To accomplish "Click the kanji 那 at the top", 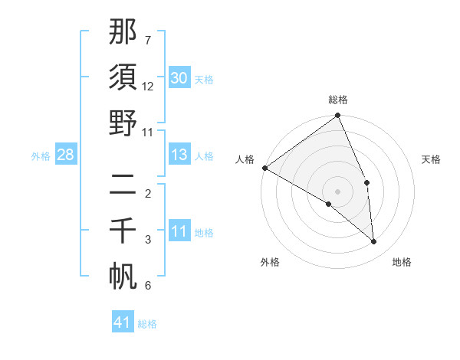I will [123, 32].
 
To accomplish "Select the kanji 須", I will [123, 77].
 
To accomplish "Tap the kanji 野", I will [123, 124].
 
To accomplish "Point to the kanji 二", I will [123, 185].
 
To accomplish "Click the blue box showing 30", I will [179, 78].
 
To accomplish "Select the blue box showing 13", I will [179, 155].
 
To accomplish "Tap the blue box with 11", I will [179, 232].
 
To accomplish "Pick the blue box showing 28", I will [65, 155].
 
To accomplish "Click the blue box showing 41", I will [123, 322].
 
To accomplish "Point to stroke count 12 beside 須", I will [148, 87].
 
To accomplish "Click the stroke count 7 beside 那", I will [148, 39].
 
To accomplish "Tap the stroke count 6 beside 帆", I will [148, 286].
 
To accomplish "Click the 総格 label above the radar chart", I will [337, 100].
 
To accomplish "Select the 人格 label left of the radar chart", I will [245, 159].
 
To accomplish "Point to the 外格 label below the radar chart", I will [270, 262].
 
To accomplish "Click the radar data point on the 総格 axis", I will [337, 116].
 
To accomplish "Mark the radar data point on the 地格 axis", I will [374, 241].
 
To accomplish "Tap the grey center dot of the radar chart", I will [337, 191].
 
